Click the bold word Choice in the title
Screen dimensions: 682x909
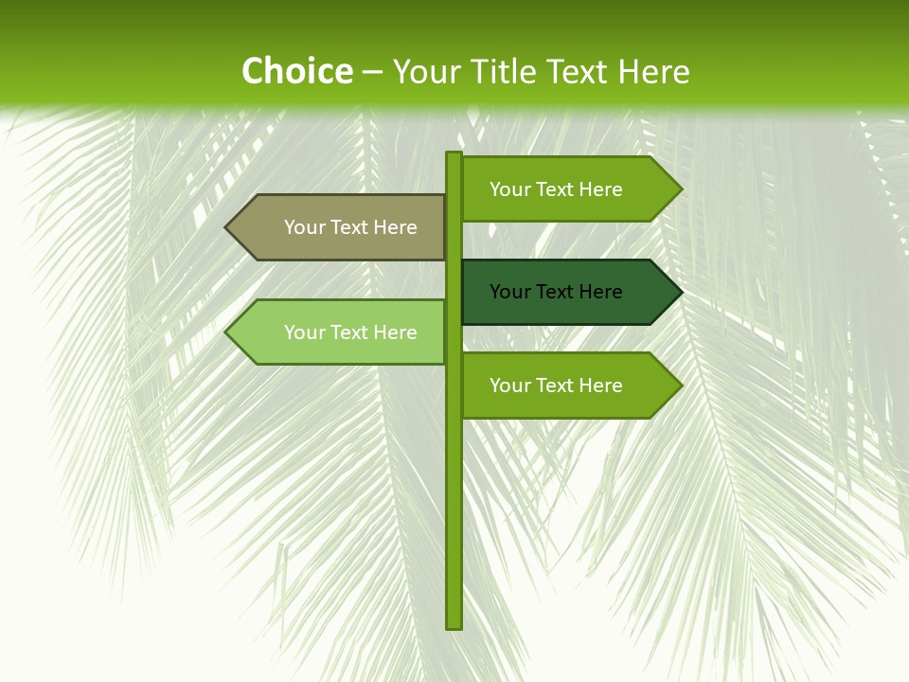296,72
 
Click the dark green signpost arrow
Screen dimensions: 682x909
559,292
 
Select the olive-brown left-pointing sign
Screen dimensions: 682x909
341,227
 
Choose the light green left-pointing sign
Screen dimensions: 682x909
341,332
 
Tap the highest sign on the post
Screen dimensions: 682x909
559,189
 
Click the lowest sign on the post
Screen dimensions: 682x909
559,386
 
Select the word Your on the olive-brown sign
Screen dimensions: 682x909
304,227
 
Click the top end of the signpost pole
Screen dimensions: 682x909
454,155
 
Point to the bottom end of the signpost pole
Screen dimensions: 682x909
454,625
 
